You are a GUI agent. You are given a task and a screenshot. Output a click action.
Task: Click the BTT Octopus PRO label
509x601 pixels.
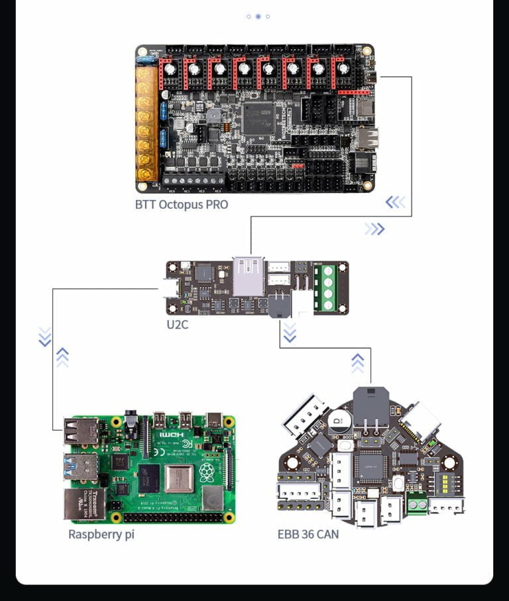click(181, 204)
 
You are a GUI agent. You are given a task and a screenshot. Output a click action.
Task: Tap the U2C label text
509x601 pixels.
click(178, 325)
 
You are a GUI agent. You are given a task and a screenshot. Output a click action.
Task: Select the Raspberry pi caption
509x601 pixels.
click(101, 533)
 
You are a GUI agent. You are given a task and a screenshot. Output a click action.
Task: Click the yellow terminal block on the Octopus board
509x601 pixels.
click(146, 123)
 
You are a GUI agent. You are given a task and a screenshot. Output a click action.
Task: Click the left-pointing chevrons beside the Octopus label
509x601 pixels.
click(396, 202)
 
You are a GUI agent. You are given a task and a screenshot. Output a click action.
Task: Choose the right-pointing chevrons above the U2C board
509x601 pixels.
click(374, 229)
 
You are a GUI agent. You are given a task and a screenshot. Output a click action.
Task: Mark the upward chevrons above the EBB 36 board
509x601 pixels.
click(357, 362)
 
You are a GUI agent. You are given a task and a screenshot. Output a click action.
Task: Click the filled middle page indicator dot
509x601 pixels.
click(258, 16)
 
